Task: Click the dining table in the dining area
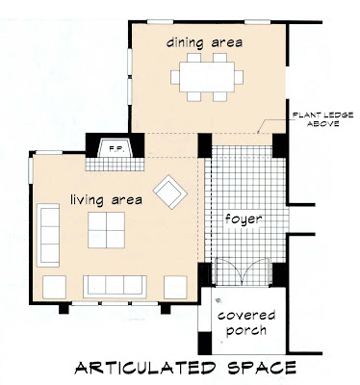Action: coord(207,77)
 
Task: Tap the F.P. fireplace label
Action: coord(114,148)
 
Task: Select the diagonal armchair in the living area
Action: coord(170,192)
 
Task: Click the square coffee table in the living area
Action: coord(106,230)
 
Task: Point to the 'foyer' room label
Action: coord(244,219)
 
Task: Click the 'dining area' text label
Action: coord(204,42)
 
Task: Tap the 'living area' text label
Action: coord(106,200)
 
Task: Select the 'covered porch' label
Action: coord(246,322)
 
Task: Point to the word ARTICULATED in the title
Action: coord(144,368)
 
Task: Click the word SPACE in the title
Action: coord(262,368)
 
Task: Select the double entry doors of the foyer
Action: coord(243,271)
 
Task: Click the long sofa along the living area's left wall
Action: coord(48,235)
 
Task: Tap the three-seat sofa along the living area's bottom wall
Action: coord(115,287)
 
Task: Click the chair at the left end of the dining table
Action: coord(175,77)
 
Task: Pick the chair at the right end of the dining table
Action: coord(239,77)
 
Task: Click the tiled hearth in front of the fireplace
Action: coord(115,164)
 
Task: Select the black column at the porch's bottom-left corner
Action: coord(205,343)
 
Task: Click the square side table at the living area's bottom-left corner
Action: coord(54,287)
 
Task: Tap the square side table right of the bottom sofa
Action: coord(175,287)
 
